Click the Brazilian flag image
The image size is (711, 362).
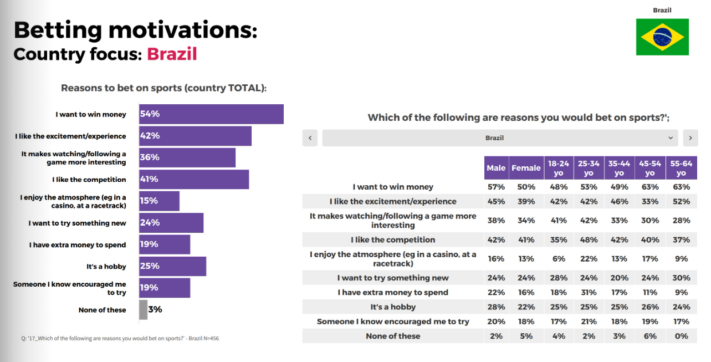click(662, 37)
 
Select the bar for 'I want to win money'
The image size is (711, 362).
click(211, 114)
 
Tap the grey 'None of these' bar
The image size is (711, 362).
click(144, 310)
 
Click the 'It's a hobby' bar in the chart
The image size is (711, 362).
click(172, 266)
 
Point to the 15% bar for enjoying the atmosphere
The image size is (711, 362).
click(159, 201)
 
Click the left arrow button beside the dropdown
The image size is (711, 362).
click(310, 138)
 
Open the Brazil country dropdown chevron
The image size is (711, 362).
click(671, 138)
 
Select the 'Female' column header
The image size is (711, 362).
click(526, 168)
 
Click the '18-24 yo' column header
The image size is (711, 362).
click(558, 168)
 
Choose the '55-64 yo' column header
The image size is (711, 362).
click(681, 168)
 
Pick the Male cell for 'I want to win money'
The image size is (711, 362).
click(496, 187)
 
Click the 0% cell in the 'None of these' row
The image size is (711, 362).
click(681, 336)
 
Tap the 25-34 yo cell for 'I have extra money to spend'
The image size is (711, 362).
click(589, 292)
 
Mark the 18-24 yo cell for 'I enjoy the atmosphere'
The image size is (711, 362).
click(558, 258)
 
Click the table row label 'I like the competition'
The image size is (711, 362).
click(393, 239)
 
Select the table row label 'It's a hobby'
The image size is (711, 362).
click(393, 307)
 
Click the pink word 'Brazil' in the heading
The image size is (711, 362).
click(172, 54)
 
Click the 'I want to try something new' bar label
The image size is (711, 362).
click(78, 223)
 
